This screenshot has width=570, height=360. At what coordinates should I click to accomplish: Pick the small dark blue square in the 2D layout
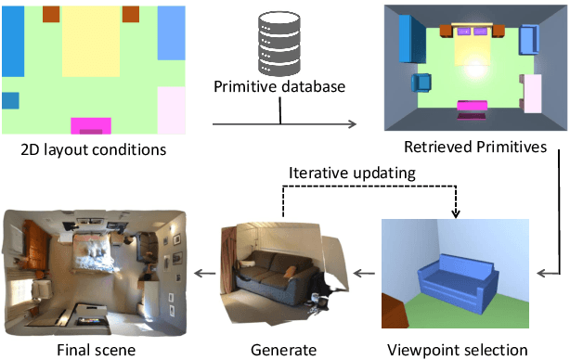pyautogui.click(x=10, y=100)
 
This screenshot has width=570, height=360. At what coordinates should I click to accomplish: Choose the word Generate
pyautogui.click(x=283, y=350)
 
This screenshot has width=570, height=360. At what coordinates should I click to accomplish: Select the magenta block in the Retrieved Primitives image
pyautogui.click(x=472, y=107)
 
